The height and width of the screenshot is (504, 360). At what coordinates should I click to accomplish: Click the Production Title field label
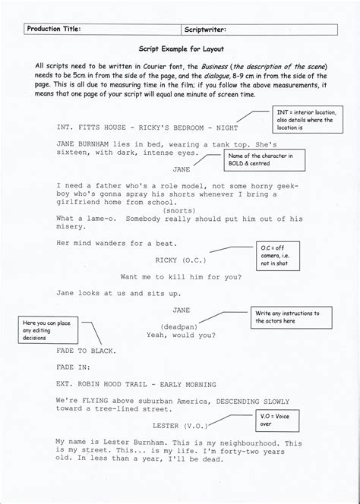pyautogui.click(x=52, y=29)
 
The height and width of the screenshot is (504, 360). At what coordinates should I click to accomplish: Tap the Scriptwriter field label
pyautogui.click(x=206, y=29)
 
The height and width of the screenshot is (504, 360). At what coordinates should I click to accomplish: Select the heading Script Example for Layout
pyautogui.click(x=180, y=47)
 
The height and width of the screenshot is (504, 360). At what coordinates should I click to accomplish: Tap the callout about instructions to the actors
pyautogui.click(x=295, y=317)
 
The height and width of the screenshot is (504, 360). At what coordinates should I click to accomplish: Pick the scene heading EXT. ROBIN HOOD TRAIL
pyautogui.click(x=136, y=385)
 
